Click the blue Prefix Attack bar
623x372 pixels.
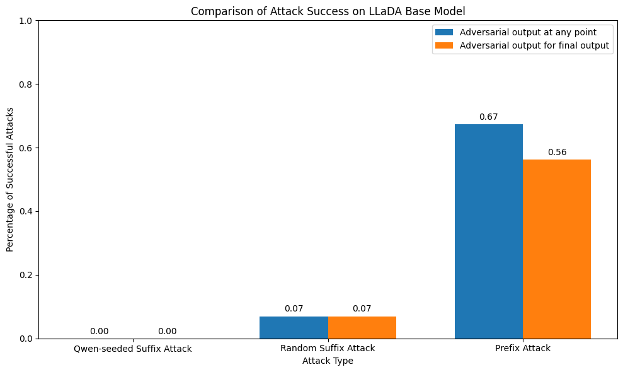pyautogui.click(x=488, y=231)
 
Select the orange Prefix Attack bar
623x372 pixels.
pyautogui.click(x=556, y=248)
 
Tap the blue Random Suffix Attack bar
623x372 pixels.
pyautogui.click(x=294, y=327)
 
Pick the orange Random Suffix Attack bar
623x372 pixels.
pyautogui.click(x=362, y=327)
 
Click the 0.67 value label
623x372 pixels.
pyautogui.click(x=488, y=117)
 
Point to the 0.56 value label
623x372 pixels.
pyautogui.click(x=557, y=153)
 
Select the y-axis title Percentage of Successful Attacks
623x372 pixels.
pyautogui.click(x=10, y=180)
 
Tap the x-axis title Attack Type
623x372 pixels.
pyautogui.click(x=328, y=361)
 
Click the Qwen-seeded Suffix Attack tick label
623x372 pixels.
pyautogui.click(x=133, y=349)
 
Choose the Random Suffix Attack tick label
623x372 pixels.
pyautogui.click(x=328, y=349)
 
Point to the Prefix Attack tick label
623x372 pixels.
pyautogui.click(x=523, y=349)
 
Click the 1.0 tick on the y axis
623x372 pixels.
pyautogui.click(x=25, y=21)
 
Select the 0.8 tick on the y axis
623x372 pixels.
pyautogui.click(x=25, y=84)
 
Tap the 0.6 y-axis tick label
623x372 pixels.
pyautogui.click(x=25, y=148)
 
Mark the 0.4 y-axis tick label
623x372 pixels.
pyautogui.click(x=25, y=212)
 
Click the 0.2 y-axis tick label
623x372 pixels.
pyautogui.click(x=25, y=276)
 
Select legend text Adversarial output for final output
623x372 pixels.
pyautogui.click(x=534, y=45)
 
